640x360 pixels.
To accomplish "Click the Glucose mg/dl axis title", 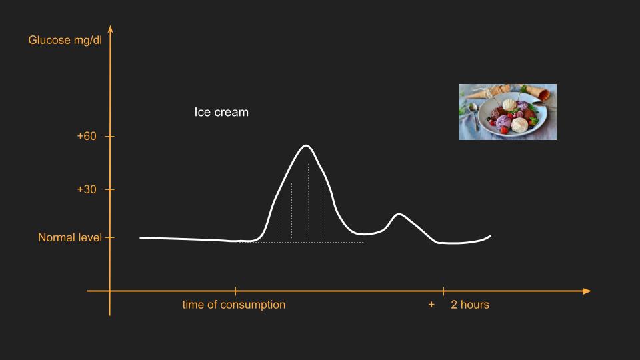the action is coord(65,40).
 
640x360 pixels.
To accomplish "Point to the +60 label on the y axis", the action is coord(87,136).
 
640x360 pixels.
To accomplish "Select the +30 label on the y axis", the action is coord(87,189).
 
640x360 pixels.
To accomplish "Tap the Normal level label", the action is coord(70,237).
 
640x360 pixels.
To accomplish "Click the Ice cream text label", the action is coord(221,112).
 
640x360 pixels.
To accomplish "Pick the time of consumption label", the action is coord(234,305).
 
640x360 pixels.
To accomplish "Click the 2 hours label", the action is coord(470,305).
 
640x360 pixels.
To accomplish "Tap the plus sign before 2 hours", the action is coord(431,305).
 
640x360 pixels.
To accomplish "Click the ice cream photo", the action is coord(507,112).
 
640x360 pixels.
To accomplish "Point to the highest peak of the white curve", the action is coord(306,145).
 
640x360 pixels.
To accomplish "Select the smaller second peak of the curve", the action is coord(399,214).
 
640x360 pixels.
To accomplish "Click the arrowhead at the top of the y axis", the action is coord(110,29).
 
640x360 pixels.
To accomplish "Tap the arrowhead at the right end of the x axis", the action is coord(587,291).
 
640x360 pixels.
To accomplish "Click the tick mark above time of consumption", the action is coord(235,291).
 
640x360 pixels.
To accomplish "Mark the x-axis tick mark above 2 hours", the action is coord(444,291).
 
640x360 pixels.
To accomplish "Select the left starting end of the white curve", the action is coord(141,237).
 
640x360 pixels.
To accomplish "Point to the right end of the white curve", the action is coord(490,236).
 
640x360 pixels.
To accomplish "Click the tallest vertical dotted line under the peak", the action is coord(309,201).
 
